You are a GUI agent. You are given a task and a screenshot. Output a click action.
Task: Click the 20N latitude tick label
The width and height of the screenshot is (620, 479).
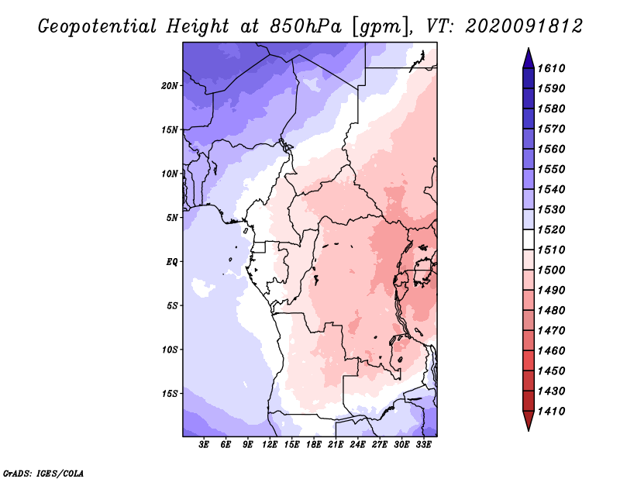(170, 86)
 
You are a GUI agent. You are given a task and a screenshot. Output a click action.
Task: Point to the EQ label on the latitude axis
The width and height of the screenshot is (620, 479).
(172, 262)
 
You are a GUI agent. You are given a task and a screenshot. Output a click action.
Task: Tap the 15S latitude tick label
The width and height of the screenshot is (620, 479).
(170, 394)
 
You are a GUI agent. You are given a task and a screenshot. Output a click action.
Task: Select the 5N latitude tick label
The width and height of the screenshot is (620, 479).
(172, 218)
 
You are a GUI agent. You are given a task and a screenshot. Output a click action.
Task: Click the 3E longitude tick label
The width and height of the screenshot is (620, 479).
(204, 445)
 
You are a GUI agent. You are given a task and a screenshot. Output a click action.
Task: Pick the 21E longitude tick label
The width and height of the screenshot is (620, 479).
(336, 445)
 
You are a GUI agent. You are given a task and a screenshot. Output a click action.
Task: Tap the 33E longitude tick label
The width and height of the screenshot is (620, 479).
(423, 445)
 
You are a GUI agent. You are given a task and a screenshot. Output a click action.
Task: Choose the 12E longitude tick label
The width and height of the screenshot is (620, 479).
(270, 445)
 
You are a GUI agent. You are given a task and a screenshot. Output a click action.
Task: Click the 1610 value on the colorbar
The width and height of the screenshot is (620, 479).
(551, 68)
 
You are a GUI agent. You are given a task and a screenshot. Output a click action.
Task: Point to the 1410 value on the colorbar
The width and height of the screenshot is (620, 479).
(551, 412)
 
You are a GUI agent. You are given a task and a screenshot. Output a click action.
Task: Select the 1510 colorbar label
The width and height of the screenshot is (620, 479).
(551, 250)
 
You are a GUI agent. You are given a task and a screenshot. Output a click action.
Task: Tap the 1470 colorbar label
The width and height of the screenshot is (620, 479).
(551, 331)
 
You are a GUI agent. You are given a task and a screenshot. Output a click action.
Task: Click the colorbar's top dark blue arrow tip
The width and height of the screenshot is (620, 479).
(529, 48)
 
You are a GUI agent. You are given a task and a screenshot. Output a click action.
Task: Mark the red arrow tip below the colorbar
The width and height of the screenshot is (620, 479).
(529, 430)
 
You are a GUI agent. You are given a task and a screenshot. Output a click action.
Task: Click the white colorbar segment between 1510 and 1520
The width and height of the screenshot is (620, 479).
(529, 239)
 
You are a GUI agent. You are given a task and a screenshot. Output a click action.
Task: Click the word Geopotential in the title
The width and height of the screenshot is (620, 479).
(98, 27)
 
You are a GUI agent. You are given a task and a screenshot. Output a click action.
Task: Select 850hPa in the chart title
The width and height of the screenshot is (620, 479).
(305, 26)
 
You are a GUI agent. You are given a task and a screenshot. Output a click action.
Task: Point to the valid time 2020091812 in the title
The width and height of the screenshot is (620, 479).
(524, 26)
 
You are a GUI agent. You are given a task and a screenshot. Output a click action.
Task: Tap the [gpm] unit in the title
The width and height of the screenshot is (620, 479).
(381, 27)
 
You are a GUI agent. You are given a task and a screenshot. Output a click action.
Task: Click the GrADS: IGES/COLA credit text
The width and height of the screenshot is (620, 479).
(43, 473)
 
